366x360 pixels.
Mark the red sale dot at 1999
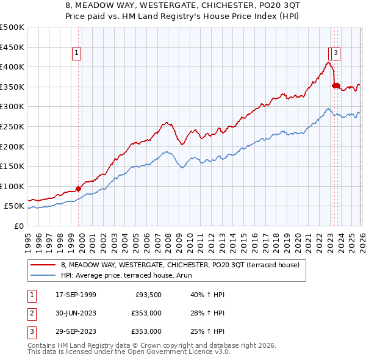coord(78,189)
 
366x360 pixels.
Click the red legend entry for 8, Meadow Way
coord(180,265)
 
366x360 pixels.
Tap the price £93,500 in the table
coord(146,295)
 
